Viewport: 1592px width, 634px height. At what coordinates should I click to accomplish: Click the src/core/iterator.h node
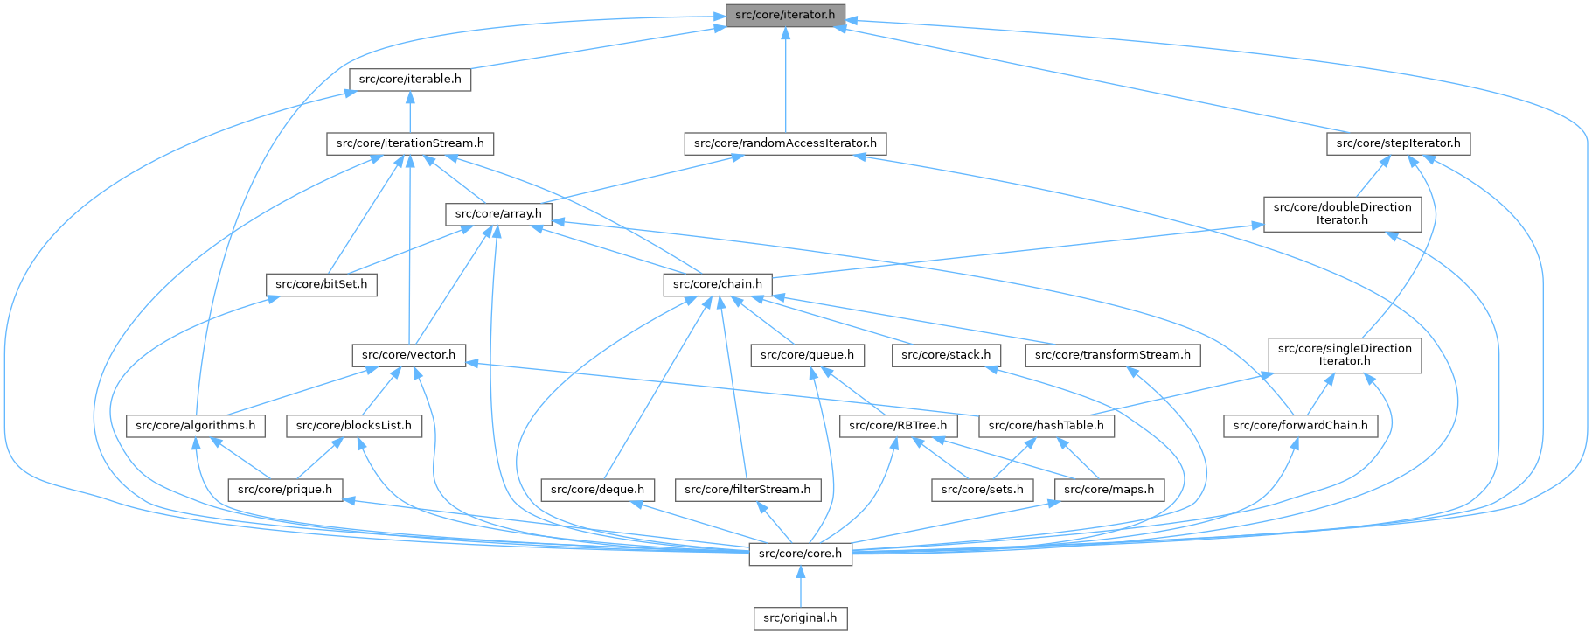[x=785, y=15]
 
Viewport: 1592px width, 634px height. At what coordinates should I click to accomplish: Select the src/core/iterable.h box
[x=410, y=79]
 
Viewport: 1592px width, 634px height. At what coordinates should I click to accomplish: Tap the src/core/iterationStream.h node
[x=410, y=143]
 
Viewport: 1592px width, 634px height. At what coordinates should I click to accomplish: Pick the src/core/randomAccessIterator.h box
[x=785, y=143]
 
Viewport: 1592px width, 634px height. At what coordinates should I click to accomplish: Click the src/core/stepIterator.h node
[x=1398, y=143]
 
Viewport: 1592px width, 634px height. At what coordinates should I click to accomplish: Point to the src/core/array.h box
[x=498, y=213]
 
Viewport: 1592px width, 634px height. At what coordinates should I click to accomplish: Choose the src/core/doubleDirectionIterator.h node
[x=1342, y=213]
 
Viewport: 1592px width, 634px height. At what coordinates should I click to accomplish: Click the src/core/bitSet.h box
[x=321, y=284]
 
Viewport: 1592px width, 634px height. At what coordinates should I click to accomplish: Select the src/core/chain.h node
[x=717, y=284]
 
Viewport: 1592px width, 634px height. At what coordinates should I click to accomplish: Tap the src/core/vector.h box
[x=408, y=354]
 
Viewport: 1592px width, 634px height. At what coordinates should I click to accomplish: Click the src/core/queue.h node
[x=808, y=354]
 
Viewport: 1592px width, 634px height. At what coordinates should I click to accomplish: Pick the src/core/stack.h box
[x=946, y=354]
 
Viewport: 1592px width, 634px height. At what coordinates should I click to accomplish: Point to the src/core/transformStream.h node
[x=1112, y=354]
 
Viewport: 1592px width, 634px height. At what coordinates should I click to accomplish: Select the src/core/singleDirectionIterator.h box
[x=1345, y=354]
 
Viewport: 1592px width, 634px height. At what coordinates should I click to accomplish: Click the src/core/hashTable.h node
[x=1046, y=425]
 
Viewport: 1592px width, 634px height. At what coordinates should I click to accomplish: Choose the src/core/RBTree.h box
[x=899, y=425]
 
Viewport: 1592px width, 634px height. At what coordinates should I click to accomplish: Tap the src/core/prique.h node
[x=285, y=489]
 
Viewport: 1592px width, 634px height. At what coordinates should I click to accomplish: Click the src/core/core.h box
[x=800, y=554]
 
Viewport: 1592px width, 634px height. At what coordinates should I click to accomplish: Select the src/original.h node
[x=800, y=617]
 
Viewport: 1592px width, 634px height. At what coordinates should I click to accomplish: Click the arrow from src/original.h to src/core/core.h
[x=800, y=586]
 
